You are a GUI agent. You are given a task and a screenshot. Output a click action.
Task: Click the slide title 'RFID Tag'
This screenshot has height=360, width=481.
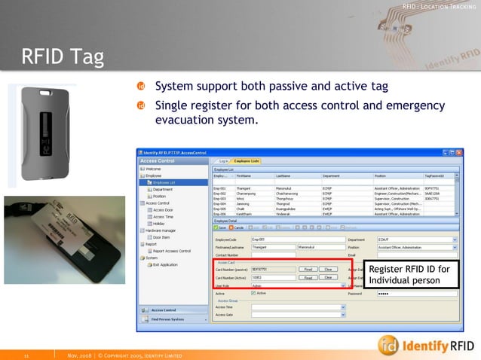63,56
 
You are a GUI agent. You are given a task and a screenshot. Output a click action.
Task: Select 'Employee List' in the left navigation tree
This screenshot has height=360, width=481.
164,182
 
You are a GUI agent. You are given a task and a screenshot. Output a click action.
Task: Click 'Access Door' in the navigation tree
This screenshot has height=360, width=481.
164,209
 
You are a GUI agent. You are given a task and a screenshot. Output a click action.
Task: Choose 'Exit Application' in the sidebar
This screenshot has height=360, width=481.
164,264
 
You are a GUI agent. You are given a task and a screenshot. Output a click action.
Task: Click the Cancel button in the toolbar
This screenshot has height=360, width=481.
236,227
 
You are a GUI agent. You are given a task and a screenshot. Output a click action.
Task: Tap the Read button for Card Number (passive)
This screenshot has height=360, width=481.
307,269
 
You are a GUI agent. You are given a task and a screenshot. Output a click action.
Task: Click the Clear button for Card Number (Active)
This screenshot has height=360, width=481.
327,277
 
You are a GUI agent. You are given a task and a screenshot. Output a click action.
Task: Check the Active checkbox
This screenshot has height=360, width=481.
253,293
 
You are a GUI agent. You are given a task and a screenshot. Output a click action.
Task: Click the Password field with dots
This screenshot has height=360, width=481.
415,293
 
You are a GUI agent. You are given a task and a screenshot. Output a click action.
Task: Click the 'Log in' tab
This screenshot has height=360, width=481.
223,161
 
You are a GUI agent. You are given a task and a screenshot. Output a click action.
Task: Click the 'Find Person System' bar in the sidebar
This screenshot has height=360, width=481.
171,319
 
